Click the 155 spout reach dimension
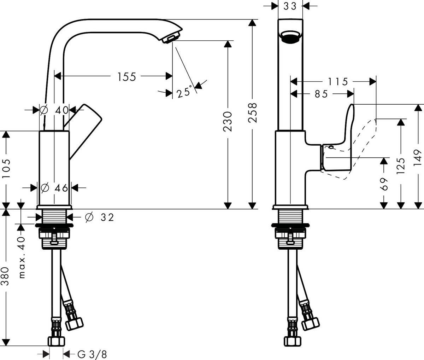[x=126, y=76]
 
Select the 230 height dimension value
[x=228, y=121]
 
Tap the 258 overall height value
[x=252, y=112]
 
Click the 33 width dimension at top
[x=290, y=6]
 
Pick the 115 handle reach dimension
[x=337, y=82]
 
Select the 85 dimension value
[x=321, y=94]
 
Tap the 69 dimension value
[x=384, y=184]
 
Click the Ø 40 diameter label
[x=55, y=110]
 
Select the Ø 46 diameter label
[x=54, y=188]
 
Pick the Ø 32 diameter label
[x=100, y=217]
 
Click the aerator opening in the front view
[x=290, y=36]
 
